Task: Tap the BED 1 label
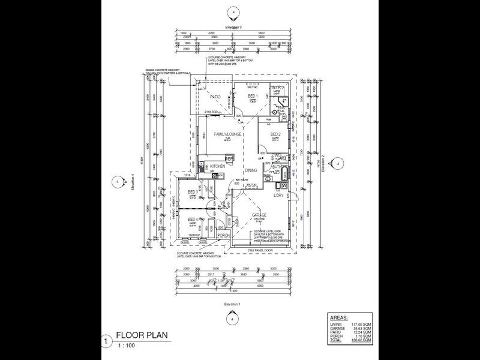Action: [x=253, y=97]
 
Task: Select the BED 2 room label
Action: [x=275, y=134]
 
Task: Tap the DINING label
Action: [x=251, y=170]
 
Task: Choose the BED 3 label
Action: [x=193, y=192]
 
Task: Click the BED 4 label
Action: [x=193, y=219]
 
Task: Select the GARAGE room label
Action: [x=259, y=215]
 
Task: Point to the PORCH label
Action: [x=224, y=235]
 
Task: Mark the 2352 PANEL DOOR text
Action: [x=259, y=249]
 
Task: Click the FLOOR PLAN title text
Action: [x=142, y=335]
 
